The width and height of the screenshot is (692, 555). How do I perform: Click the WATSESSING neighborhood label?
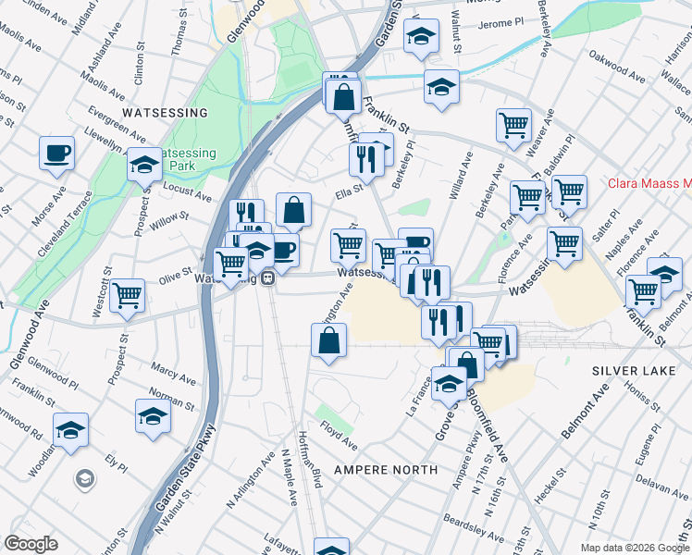tap(166, 112)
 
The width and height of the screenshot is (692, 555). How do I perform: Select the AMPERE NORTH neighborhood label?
tap(385, 470)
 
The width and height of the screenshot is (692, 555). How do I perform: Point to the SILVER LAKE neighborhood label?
tap(632, 370)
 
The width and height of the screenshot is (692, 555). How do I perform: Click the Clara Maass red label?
tap(649, 183)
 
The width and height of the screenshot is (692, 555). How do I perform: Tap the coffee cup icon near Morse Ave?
tap(56, 152)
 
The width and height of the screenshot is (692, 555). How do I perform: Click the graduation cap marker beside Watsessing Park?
tap(143, 164)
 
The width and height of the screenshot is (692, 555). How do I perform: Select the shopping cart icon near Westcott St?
tap(127, 295)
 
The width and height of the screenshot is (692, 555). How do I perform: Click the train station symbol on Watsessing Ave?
tap(267, 277)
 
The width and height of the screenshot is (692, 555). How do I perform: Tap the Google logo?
tap(31, 544)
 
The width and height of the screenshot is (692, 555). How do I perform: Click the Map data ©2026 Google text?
tap(635, 548)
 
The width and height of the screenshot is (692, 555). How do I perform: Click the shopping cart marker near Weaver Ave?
tap(513, 124)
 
